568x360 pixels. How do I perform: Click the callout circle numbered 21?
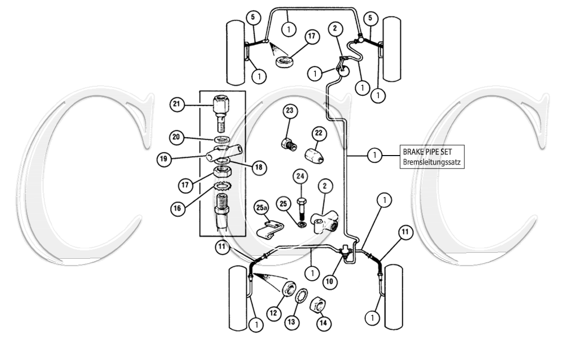coord(176,104)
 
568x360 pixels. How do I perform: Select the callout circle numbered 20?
coord(176,137)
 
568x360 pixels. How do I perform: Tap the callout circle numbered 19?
coord(164,159)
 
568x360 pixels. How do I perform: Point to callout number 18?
coord(258,167)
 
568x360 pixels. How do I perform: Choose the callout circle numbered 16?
coord(177,208)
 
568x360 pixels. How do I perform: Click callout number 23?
coord(289,111)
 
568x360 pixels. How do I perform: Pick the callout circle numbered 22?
coord(318,133)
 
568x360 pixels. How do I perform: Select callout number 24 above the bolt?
coord(300,177)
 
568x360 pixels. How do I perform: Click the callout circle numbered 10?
coord(329,281)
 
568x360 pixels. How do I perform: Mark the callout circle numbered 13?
coord(291,322)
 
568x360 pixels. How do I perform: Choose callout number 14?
coord(323,323)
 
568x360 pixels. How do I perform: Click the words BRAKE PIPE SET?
coord(427,152)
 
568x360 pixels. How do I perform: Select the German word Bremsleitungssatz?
coord(432,162)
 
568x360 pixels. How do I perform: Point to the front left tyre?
coord(236,52)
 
